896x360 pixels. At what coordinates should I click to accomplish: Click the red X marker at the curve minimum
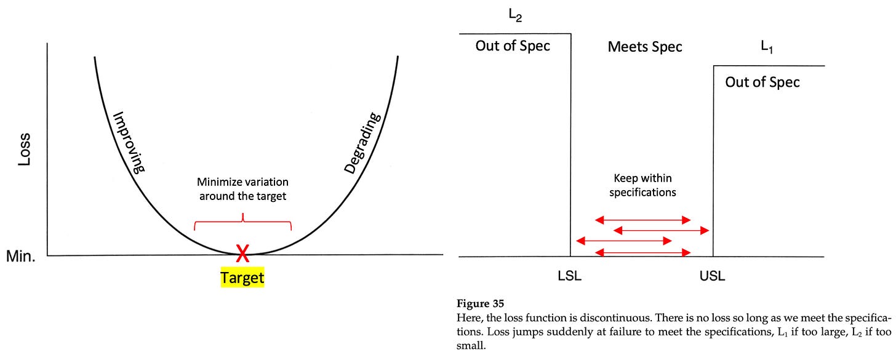pos(243,252)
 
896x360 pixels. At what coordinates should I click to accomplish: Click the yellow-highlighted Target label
pos(242,278)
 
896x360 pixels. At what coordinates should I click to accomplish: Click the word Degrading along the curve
pos(363,144)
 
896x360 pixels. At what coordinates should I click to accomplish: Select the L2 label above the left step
pos(515,17)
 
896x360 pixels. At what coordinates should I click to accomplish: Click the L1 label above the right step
pos(767,47)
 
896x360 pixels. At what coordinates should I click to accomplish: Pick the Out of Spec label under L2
pos(513,46)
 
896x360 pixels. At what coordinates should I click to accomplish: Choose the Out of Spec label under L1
pos(762,82)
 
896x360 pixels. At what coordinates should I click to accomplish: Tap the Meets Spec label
pos(644,47)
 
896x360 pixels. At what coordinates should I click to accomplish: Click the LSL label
pos(569,276)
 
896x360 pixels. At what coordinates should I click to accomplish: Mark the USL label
pos(713,276)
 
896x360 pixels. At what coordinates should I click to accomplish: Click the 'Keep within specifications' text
pos(642,185)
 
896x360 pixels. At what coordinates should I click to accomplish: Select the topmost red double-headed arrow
pos(642,220)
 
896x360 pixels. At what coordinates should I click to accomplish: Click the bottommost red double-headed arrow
pos(642,252)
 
